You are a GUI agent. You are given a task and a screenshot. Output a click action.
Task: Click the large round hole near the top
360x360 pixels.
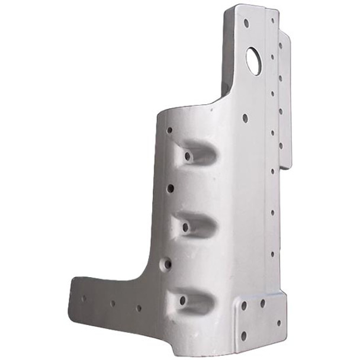click(254, 60)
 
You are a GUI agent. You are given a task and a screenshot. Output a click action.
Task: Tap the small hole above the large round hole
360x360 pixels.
click(246, 23)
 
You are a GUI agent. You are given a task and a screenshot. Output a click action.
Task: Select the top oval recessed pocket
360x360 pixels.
click(197, 154)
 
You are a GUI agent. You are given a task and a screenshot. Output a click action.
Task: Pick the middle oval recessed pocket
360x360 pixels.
click(195, 225)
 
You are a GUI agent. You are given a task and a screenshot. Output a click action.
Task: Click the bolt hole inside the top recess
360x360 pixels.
click(188, 157)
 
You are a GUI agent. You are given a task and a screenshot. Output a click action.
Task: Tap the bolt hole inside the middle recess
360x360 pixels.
click(185, 227)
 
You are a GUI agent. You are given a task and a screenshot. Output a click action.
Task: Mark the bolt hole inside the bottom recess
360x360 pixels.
click(182, 301)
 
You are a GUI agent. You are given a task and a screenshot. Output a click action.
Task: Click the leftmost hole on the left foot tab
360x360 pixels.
click(83, 298)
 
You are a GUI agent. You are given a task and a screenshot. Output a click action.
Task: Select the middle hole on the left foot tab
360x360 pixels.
click(112, 304)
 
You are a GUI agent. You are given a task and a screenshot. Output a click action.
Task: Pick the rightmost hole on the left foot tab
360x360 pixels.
click(139, 308)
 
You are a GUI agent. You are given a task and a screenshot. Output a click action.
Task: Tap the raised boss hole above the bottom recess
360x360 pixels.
click(168, 262)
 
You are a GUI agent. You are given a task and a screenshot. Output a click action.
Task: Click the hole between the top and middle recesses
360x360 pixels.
click(170, 188)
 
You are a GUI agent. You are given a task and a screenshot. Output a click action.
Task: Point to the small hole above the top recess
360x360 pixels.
click(170, 130)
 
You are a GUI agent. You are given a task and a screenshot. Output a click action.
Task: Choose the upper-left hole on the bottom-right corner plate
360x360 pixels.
click(243, 306)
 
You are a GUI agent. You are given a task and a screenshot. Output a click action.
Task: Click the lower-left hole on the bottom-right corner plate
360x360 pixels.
click(243, 335)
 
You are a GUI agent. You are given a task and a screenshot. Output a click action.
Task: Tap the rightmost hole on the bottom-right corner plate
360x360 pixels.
click(278, 323)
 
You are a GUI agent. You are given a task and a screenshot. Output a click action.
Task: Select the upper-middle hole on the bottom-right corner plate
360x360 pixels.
click(263, 303)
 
